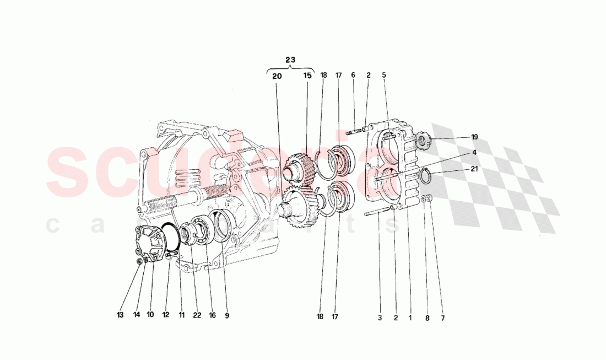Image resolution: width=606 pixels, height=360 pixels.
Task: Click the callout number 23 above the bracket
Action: [x=290, y=59]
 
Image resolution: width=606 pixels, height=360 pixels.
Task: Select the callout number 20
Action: [x=277, y=76]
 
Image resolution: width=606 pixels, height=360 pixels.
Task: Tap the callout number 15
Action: [x=307, y=76]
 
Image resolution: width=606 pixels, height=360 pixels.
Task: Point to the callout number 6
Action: [x=353, y=75]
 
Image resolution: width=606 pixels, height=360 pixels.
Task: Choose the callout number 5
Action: [x=384, y=75]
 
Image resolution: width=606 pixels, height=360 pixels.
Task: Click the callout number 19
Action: [x=474, y=137]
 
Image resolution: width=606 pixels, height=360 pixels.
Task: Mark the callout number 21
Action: [x=474, y=169]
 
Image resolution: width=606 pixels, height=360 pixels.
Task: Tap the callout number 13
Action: [x=120, y=316]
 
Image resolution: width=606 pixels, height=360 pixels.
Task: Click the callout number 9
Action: [x=226, y=316]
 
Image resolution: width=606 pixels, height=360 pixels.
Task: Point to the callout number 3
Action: [x=380, y=318]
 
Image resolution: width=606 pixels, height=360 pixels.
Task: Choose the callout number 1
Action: [x=409, y=318]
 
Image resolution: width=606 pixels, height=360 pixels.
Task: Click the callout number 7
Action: [x=442, y=318]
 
